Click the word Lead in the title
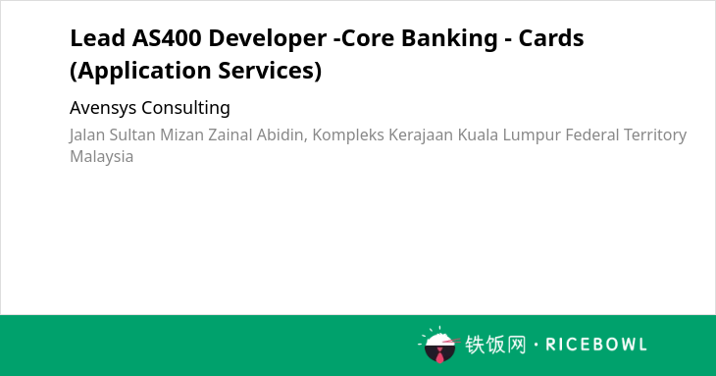[x=97, y=38]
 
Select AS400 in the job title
[x=167, y=38]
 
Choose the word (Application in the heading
[x=140, y=72]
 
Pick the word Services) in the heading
[x=270, y=71]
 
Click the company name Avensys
[x=103, y=108]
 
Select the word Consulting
[x=185, y=108]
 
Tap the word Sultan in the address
[x=132, y=134]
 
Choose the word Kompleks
[x=348, y=135]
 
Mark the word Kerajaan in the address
[x=421, y=135]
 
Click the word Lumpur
[x=532, y=135]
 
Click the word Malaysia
[x=102, y=157]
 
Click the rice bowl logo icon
[x=439, y=345]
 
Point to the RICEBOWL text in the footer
[x=596, y=345]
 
